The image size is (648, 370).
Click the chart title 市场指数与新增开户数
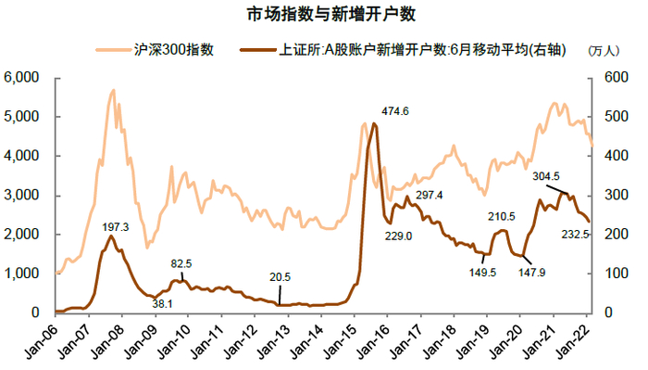tap(324, 17)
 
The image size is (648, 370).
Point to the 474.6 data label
tap(393, 111)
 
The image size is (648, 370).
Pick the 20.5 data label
tap(278, 275)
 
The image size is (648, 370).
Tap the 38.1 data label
tap(163, 303)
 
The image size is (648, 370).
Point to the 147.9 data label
tap(531, 273)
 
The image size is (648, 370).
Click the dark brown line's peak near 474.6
tap(374, 123)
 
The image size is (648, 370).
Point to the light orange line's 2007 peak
tap(113, 90)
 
